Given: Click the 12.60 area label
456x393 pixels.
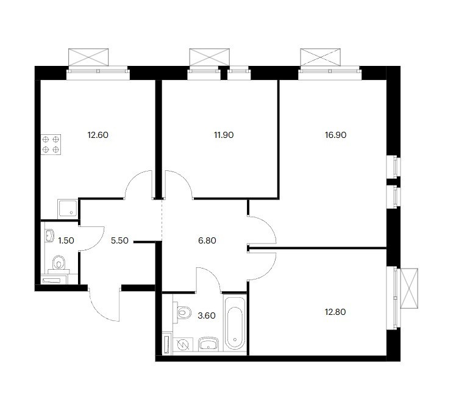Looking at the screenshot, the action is pos(98,135).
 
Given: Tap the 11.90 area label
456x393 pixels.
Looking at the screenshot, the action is pos(224,135).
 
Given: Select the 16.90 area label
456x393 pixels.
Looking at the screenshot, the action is pos(335,135).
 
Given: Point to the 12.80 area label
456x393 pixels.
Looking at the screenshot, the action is pos(335,312).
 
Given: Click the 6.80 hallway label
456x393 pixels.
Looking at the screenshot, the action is pos(207,241).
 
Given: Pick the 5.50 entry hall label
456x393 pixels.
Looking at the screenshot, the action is pos(119,241).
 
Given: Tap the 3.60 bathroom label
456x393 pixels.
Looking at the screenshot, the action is pos(207,315).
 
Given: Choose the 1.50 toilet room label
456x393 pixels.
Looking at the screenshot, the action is pos(66,241).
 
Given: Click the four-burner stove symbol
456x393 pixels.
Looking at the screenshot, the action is pos(51,145).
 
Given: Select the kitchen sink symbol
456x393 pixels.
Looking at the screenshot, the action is pos(68,209).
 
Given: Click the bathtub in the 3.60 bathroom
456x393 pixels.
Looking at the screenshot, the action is pos(235,323).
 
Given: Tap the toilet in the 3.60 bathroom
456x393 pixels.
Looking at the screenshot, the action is pos(182,312).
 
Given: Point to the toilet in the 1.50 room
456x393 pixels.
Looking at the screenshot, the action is pos(59,264).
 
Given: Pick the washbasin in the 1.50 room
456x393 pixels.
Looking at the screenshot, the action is pos(49,236).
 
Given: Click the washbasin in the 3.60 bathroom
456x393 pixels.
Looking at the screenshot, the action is pos(208,344).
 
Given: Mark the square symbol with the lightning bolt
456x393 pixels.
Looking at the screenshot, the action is pos(183,345).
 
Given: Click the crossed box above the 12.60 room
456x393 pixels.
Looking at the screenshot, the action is pos(88,57).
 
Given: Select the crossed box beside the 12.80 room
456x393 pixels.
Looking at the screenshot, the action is pos(409,288).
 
